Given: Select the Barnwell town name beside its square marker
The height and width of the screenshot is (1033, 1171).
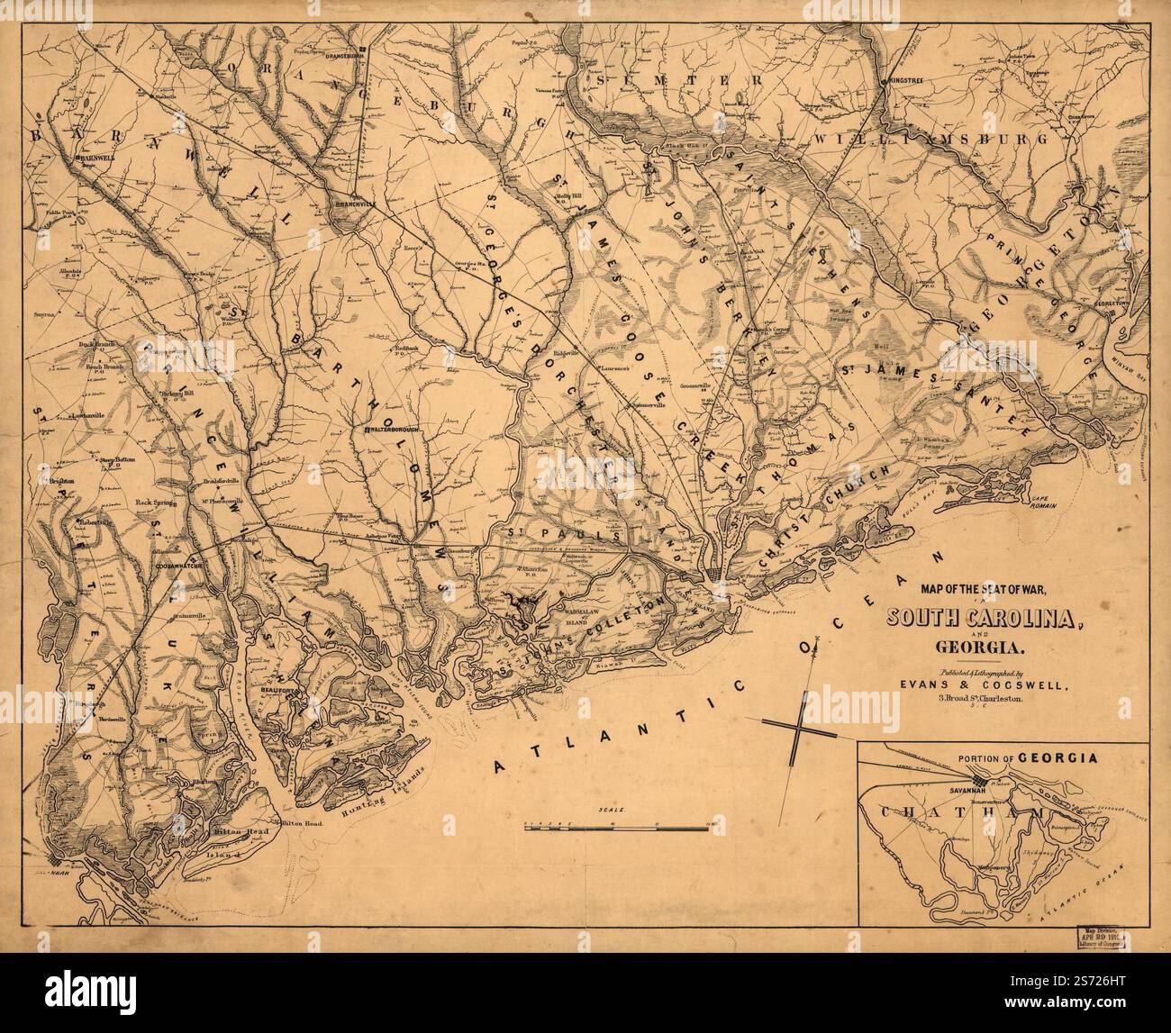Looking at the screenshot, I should tap(93, 156).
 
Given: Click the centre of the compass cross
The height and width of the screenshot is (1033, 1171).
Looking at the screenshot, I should tap(797, 724).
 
